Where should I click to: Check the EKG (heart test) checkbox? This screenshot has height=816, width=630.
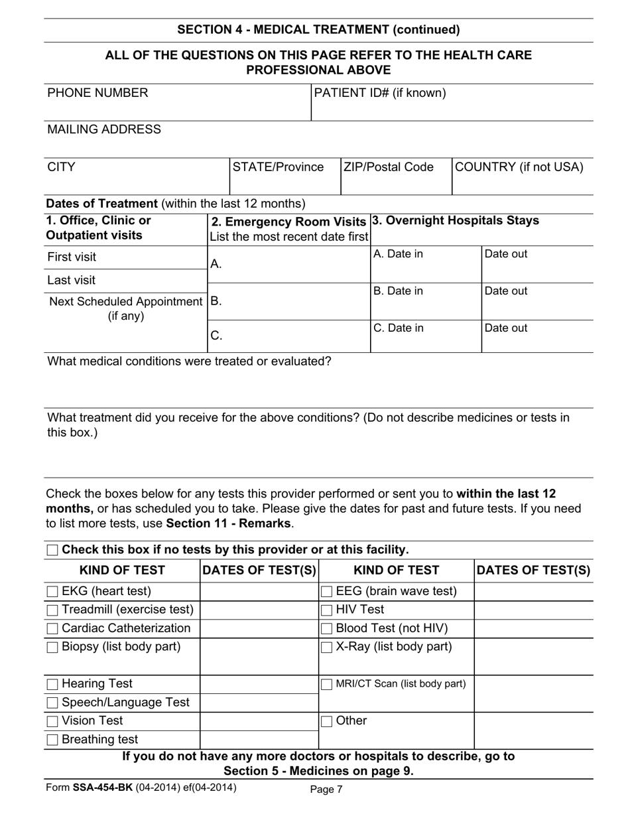tap(52, 591)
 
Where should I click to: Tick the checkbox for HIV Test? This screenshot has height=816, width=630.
tap(327, 610)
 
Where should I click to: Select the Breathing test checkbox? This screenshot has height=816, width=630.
tap(52, 740)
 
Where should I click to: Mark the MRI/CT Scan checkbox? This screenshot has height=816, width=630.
tap(327, 684)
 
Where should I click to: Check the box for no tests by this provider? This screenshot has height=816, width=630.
tap(52, 550)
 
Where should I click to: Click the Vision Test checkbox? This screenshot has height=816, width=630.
tap(52, 721)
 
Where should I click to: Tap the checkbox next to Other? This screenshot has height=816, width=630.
tap(327, 721)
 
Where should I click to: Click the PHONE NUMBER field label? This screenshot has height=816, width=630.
tap(97, 93)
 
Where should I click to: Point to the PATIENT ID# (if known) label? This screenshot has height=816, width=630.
tap(380, 93)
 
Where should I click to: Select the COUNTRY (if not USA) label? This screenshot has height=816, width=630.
tap(519, 167)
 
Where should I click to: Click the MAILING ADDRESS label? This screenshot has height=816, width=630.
tap(104, 129)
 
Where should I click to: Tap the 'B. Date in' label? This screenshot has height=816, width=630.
tap(398, 291)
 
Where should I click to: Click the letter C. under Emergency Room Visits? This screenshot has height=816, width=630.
tap(216, 336)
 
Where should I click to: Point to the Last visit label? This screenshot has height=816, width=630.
tap(71, 280)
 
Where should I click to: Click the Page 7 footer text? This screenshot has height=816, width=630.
tap(326, 789)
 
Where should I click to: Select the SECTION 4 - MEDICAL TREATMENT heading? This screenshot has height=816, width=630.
tap(318, 30)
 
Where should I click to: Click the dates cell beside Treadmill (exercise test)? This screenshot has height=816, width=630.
tap(259, 610)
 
